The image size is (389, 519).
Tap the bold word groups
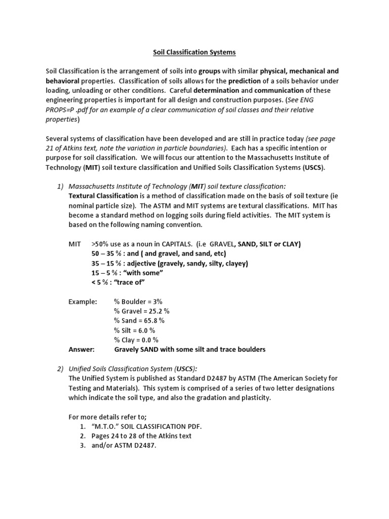point(210,71)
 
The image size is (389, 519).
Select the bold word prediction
point(245,81)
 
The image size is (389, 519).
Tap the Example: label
point(83,302)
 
